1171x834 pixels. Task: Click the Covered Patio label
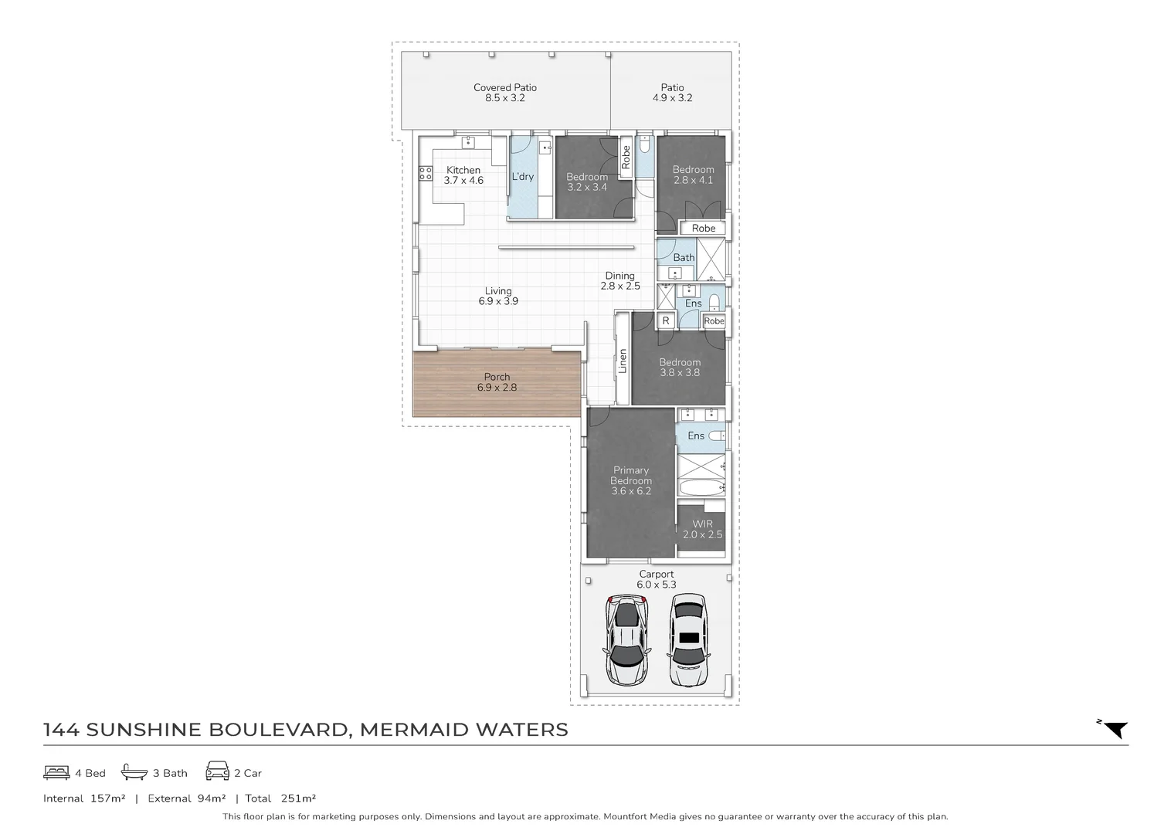(505, 93)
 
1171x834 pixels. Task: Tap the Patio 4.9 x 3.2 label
(672, 93)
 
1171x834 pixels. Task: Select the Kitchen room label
(463, 175)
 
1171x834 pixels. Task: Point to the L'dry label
(523, 177)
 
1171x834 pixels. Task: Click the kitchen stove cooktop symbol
(426, 173)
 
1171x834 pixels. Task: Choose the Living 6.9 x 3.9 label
(498, 297)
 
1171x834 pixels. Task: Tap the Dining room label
(620, 280)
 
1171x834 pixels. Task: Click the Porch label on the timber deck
(497, 382)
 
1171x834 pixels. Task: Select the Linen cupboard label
(623, 361)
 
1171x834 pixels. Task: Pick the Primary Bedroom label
(631, 480)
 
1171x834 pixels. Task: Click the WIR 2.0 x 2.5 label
(702, 529)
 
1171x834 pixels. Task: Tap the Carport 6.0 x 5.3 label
(656, 579)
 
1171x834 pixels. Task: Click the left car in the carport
(625, 639)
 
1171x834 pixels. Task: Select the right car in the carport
(687, 639)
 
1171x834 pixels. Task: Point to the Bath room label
(684, 258)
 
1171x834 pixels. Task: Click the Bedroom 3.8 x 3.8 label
(680, 367)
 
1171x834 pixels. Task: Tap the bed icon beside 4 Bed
(56, 772)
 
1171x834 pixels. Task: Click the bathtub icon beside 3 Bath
(134, 772)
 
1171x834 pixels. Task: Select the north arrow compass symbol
(1115, 729)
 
